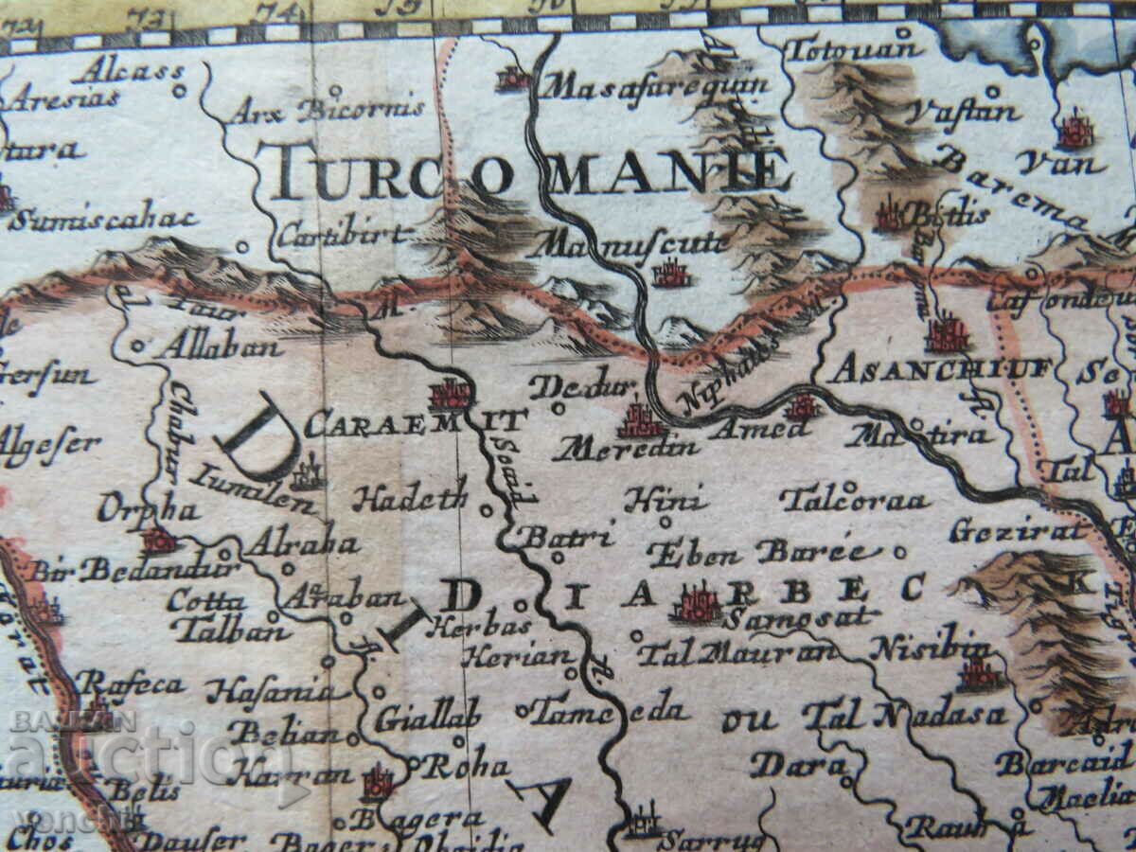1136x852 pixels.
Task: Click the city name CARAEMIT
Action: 414,422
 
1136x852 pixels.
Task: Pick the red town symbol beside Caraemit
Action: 450,392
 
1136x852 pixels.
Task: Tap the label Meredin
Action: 627,448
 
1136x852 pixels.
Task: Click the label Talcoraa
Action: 854,499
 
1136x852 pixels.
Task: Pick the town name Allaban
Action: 219,346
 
